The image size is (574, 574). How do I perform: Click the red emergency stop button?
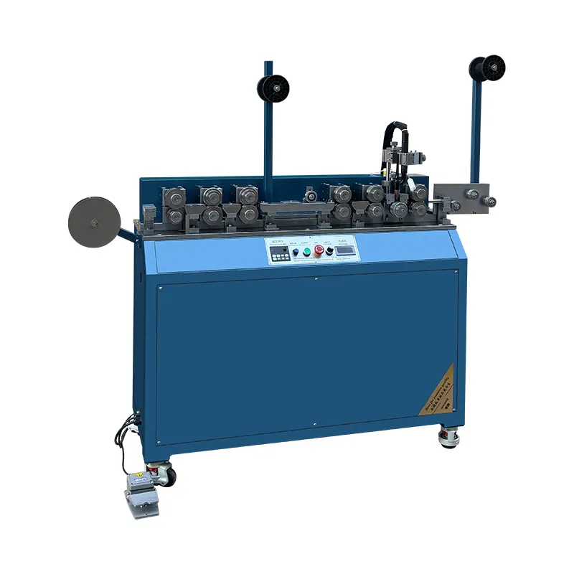(319, 251)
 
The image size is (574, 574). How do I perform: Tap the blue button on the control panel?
(295, 252)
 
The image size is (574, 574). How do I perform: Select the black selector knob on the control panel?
(330, 251)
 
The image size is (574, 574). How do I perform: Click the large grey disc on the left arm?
(93, 222)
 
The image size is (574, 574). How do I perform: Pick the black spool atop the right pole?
(487, 68)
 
